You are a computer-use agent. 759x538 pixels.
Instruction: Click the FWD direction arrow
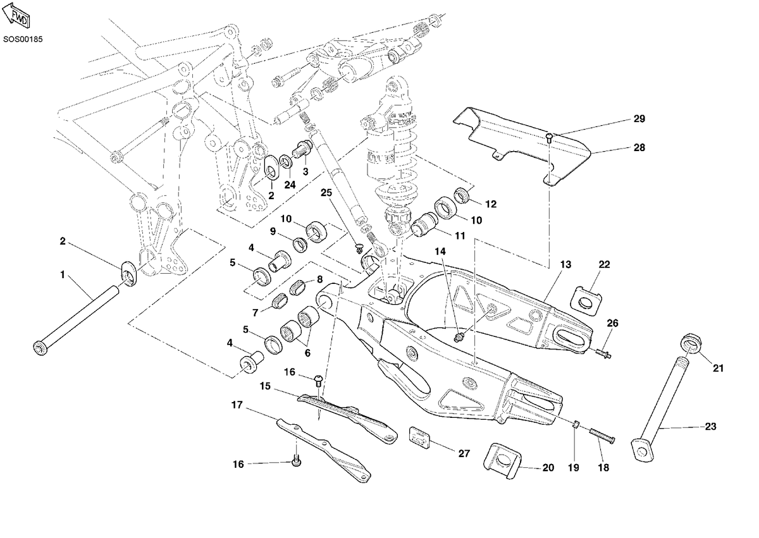[x=16, y=15]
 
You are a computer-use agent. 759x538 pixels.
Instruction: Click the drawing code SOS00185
[x=23, y=39]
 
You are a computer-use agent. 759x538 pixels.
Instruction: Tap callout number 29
[x=639, y=119]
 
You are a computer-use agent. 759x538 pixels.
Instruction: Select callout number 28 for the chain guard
[x=639, y=148]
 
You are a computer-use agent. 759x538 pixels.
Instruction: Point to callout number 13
[x=565, y=264]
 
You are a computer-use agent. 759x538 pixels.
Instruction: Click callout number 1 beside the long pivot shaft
[x=63, y=275]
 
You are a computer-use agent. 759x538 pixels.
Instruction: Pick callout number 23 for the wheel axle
[x=710, y=427]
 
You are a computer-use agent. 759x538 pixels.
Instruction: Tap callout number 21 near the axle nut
[x=718, y=368]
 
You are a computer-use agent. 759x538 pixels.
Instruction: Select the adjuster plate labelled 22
[x=587, y=300]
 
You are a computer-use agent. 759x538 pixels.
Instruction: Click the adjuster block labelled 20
[x=502, y=460]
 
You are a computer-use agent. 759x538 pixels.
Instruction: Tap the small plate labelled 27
[x=419, y=437]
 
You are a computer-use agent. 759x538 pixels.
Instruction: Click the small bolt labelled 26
[x=604, y=354]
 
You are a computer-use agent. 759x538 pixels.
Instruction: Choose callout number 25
[x=326, y=193]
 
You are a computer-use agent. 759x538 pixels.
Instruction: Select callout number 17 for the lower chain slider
[x=237, y=405]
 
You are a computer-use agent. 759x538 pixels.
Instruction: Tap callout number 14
[x=440, y=252]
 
